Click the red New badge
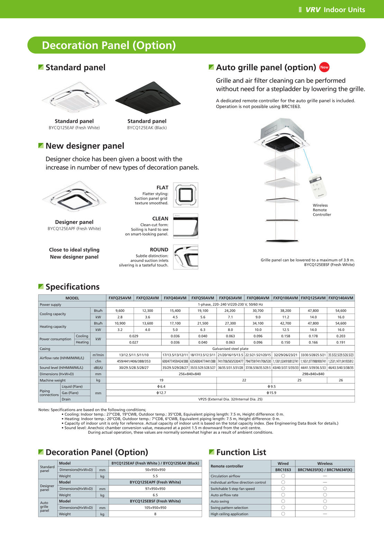324,67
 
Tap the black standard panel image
148,98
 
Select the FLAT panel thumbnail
185,195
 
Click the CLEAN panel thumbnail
185,226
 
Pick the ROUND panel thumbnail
185,257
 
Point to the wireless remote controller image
318,187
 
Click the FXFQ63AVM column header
230,298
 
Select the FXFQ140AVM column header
341,298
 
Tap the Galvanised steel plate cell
230,349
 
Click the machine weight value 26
341,380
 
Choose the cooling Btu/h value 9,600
120,311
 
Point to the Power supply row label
51,305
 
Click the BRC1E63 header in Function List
283,470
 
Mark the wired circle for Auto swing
283,501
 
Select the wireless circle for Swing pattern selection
325,508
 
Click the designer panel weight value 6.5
155,495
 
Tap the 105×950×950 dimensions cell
155,508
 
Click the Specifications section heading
72,287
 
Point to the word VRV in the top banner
313,10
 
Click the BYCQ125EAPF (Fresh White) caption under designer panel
74,229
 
